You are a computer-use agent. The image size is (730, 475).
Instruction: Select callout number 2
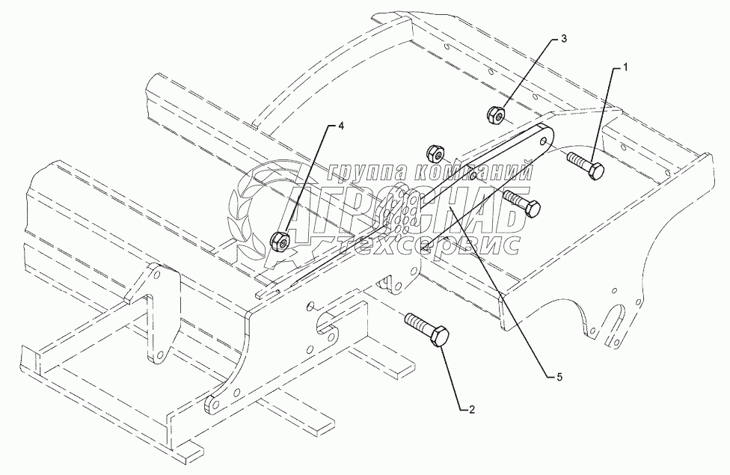471,408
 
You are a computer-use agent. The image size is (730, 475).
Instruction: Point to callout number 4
341,126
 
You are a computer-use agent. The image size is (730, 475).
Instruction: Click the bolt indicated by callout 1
587,166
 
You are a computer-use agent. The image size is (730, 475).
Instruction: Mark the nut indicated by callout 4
279,241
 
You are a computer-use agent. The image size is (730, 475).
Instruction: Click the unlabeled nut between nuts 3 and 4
436,151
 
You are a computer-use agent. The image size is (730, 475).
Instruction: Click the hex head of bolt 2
438,337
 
